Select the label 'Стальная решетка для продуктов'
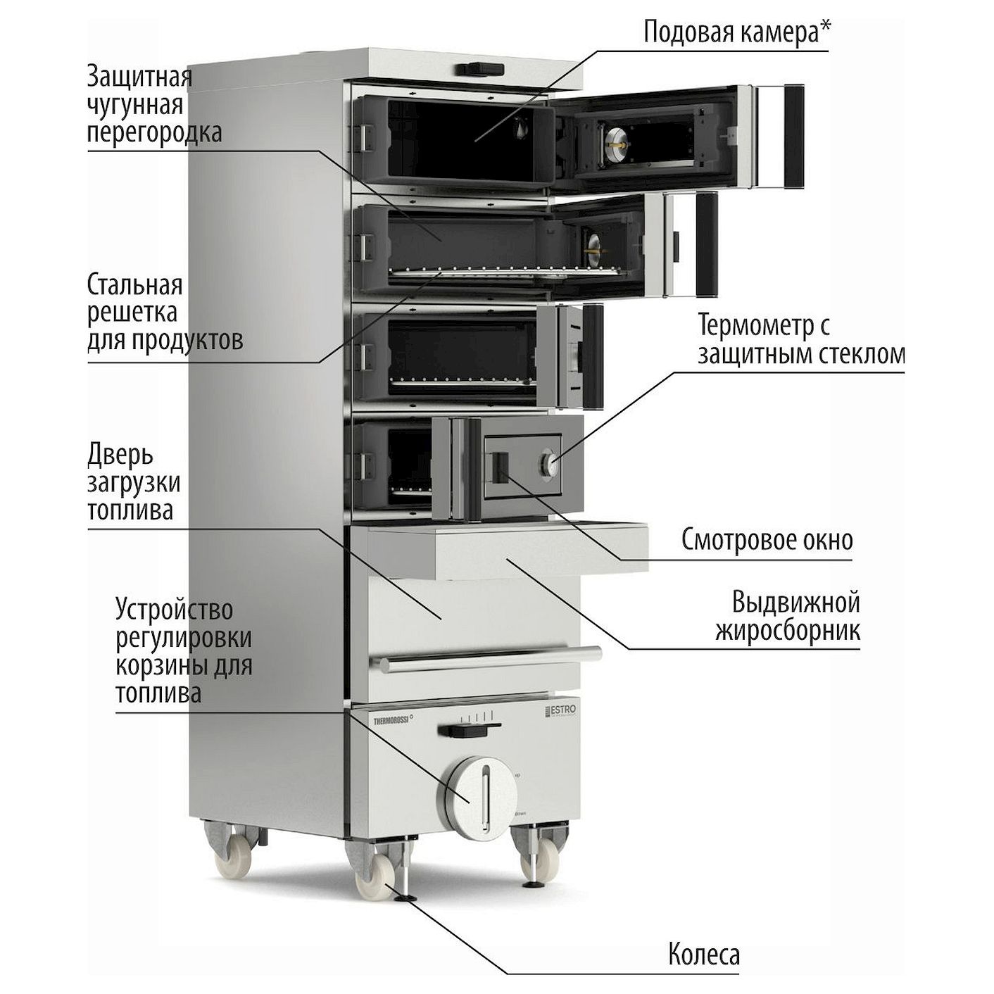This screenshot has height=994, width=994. pyautogui.click(x=165, y=313)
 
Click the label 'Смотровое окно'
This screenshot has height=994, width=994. pyautogui.click(x=767, y=540)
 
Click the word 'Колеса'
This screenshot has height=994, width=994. pyautogui.click(x=703, y=954)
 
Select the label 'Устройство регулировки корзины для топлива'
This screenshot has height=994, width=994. pyautogui.click(x=184, y=651)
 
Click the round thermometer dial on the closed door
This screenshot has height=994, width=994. pyautogui.click(x=549, y=463)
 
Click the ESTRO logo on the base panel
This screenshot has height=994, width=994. pyautogui.click(x=560, y=711)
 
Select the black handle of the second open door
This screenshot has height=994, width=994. pyautogui.click(x=706, y=244)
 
